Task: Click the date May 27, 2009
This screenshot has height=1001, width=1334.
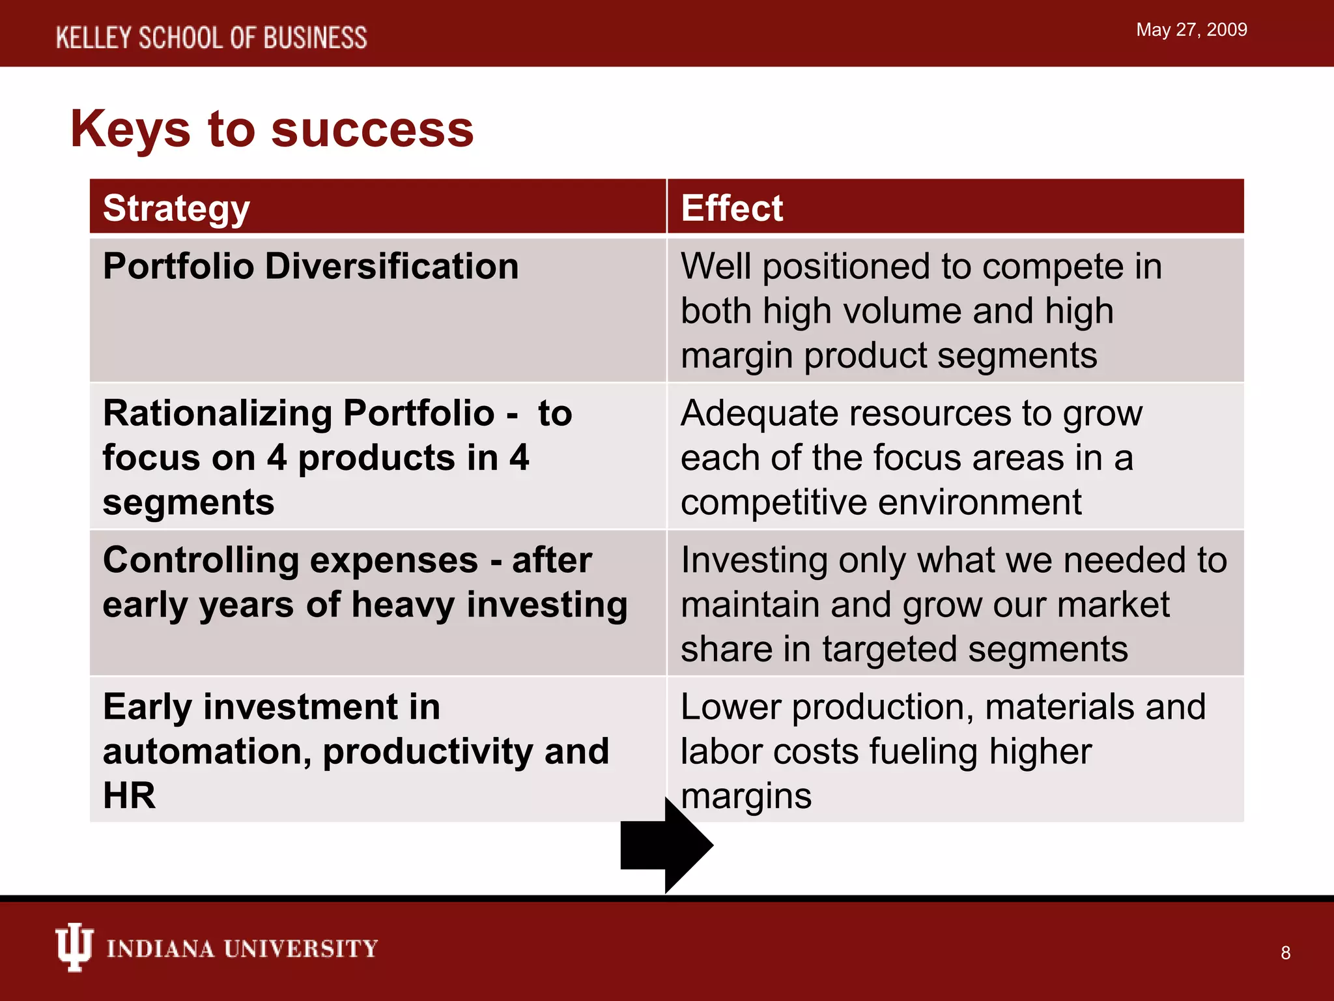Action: (x=1191, y=30)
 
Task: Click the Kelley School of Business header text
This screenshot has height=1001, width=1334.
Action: (x=211, y=38)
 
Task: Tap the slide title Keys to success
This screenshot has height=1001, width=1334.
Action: (x=272, y=129)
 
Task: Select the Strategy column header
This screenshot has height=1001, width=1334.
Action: (x=177, y=209)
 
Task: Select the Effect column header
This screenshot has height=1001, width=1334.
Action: (x=731, y=209)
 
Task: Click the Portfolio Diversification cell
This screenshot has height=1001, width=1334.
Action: (x=311, y=267)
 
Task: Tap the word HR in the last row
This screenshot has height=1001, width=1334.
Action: (x=129, y=795)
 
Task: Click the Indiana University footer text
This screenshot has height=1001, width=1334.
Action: (x=242, y=949)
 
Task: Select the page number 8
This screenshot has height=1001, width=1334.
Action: (x=1285, y=953)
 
